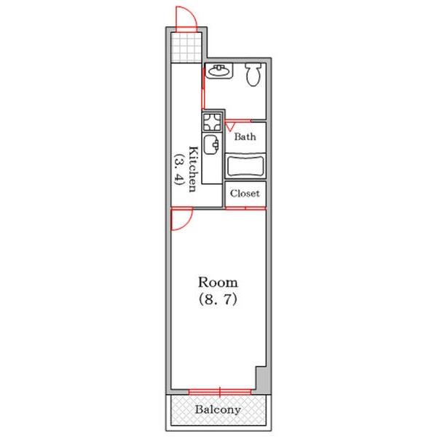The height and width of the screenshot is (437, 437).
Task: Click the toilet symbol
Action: (253, 74)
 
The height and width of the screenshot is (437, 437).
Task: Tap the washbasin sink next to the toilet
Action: (219, 71)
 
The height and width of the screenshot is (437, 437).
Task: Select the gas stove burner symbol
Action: (212, 122)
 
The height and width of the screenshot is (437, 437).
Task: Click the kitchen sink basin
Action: (211, 144)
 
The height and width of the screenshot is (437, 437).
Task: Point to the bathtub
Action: (245, 166)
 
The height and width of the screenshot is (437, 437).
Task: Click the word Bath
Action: (245, 137)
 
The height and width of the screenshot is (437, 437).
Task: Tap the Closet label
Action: (245, 194)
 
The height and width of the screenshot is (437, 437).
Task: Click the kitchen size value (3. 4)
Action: (178, 169)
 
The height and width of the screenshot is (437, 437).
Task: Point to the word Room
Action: (218, 283)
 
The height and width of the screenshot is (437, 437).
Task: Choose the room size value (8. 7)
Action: (218, 299)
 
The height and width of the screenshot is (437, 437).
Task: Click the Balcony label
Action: (218, 409)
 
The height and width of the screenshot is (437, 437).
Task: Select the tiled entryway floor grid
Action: (186, 47)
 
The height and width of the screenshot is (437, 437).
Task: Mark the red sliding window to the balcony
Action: (220, 392)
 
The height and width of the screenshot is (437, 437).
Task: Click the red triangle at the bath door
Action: (230, 127)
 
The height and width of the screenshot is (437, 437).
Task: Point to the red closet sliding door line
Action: (245, 208)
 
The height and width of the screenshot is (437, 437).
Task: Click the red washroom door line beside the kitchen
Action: (203, 87)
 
